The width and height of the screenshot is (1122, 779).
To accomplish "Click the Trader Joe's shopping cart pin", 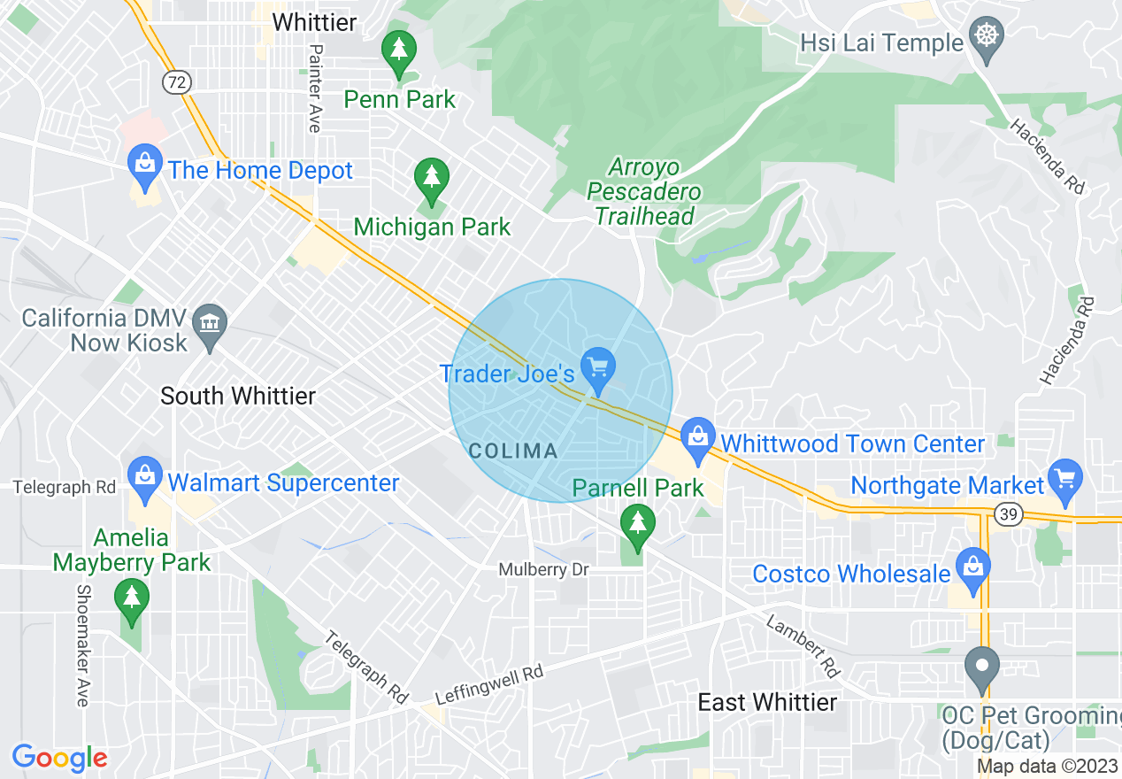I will [x=598, y=367].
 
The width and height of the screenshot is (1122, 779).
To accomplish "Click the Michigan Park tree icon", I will [x=431, y=178].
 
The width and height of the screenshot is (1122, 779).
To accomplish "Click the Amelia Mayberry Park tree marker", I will [x=132, y=599].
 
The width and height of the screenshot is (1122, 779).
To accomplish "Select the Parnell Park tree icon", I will [x=636, y=525].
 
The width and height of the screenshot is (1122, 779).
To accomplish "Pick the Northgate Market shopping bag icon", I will [x=1064, y=479].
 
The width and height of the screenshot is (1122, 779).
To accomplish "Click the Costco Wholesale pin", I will [x=972, y=567].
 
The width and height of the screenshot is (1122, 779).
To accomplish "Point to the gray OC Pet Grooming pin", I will [x=980, y=668].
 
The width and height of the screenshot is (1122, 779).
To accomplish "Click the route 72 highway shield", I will [x=176, y=81].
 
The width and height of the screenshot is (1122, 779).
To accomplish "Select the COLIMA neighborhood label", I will [x=513, y=451].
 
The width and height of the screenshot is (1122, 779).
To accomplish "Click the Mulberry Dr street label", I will [x=543, y=570].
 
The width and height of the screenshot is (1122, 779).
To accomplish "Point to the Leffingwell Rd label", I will [x=489, y=684].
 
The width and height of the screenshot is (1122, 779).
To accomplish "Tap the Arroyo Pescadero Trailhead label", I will [x=644, y=191].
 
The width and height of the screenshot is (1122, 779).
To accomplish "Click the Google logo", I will [x=59, y=758].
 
